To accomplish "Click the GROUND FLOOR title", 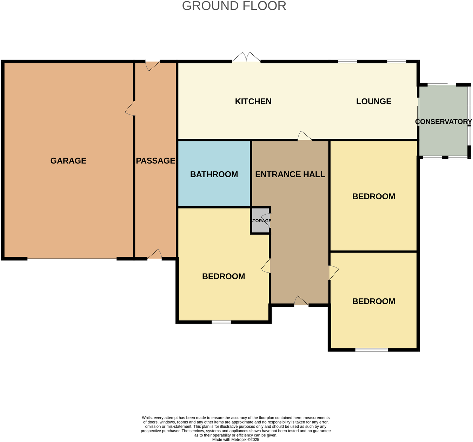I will pyautogui.click(x=234, y=6).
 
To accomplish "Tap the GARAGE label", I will pyautogui.click(x=68, y=161).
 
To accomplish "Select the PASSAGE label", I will pyautogui.click(x=155, y=161).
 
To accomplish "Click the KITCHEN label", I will pyautogui.click(x=253, y=102).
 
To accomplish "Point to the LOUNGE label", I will pyautogui.click(x=374, y=102).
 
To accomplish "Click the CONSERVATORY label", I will pyautogui.click(x=444, y=122).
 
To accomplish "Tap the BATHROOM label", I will pyautogui.click(x=214, y=174).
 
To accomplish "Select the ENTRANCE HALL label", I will pyautogui.click(x=290, y=174).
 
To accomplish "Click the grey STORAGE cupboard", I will pyautogui.click(x=260, y=221).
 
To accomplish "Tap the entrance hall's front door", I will pyautogui.click(x=301, y=302).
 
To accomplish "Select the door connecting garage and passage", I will pyautogui.click(x=131, y=109).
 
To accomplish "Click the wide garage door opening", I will pyautogui.click(x=72, y=259).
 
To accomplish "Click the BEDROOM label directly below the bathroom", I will pyautogui.click(x=224, y=277).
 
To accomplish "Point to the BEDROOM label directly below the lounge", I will pyautogui.click(x=374, y=196).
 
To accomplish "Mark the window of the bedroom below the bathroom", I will pyautogui.click(x=221, y=322).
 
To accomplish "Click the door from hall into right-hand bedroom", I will pyautogui.click(x=333, y=273).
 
